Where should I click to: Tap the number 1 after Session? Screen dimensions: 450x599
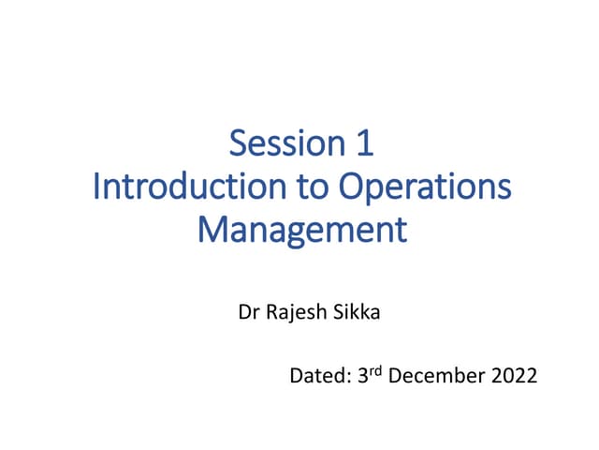coord(364,143)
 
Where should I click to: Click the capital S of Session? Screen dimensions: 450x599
coord(238,143)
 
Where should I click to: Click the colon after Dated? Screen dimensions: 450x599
coord(349,379)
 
